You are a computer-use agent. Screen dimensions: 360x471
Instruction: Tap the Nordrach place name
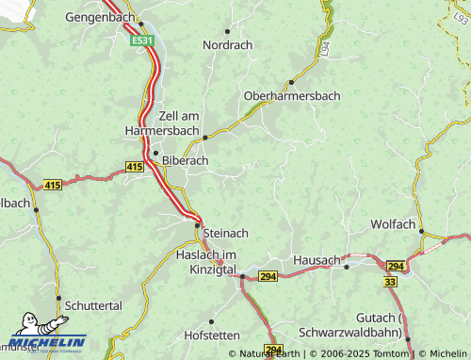[x=228, y=44]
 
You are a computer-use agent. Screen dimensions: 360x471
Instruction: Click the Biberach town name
[x=186, y=160]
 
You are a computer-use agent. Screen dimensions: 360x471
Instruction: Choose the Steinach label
[x=226, y=233]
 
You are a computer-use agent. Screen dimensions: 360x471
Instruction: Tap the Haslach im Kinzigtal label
[x=205, y=263]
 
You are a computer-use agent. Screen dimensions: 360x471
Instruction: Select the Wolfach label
[x=394, y=225]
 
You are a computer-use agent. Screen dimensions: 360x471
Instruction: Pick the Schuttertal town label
[x=94, y=306]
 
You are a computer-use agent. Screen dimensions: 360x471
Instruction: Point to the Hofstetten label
[x=213, y=335]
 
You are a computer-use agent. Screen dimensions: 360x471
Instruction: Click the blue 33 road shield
[x=391, y=281]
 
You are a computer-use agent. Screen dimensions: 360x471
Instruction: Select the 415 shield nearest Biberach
[x=135, y=167]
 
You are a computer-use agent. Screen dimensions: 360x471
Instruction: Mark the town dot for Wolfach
[x=422, y=231]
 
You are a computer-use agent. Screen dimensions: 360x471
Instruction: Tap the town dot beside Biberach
[x=155, y=153]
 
